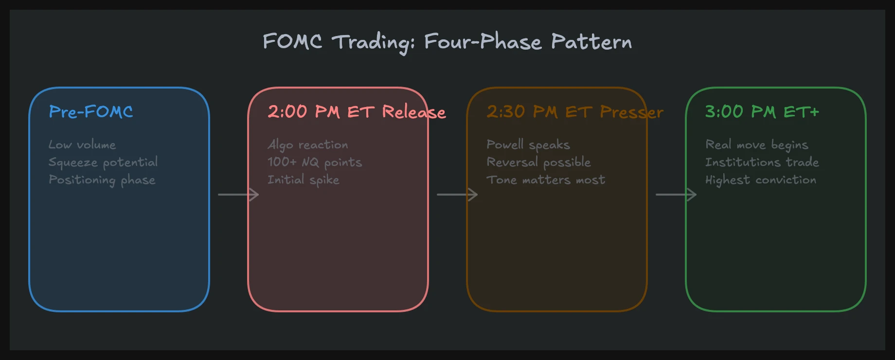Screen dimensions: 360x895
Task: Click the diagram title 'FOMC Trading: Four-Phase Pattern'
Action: tap(447, 42)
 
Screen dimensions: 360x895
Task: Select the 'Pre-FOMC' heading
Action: tap(91, 112)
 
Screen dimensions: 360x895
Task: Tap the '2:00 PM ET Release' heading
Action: tap(356, 112)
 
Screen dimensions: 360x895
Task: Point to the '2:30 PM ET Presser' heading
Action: tap(574, 112)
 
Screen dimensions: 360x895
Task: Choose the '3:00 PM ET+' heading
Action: tap(762, 112)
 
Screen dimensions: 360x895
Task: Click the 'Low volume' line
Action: tap(82, 144)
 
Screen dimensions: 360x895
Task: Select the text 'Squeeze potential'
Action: tap(103, 162)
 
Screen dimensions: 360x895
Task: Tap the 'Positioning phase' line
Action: tap(102, 180)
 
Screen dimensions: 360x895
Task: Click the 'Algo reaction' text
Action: tap(308, 144)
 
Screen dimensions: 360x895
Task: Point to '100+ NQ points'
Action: tap(315, 162)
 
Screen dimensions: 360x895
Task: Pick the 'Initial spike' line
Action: tap(304, 180)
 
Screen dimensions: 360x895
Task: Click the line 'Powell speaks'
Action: tap(528, 144)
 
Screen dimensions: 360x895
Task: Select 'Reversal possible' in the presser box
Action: tap(538, 162)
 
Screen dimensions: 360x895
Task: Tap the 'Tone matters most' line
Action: tap(546, 180)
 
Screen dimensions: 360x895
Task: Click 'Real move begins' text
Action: tap(757, 144)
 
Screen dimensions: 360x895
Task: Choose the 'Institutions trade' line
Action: tap(762, 162)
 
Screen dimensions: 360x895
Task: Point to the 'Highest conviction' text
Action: tap(761, 180)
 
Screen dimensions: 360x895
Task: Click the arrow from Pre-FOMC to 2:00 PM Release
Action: tap(238, 195)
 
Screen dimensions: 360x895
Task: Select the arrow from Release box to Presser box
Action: tap(457, 195)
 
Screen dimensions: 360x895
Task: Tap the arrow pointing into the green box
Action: tap(676, 195)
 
